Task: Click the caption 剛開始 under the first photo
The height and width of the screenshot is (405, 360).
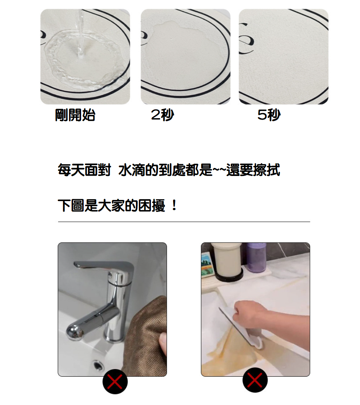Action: [75, 115]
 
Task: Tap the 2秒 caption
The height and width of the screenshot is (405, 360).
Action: [163, 115]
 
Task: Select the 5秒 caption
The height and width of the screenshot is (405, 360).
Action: [269, 115]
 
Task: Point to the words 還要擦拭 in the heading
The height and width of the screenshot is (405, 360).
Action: [253, 170]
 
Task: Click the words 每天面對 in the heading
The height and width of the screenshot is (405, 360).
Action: [84, 170]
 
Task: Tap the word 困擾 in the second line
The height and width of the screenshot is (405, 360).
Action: [152, 206]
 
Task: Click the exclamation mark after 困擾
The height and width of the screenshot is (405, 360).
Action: [175, 206]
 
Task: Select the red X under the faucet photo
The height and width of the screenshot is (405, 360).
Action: [115, 381]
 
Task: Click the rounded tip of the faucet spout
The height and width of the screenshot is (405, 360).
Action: [75, 332]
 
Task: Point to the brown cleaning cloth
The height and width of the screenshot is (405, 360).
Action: [149, 336]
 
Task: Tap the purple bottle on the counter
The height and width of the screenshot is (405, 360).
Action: [256, 258]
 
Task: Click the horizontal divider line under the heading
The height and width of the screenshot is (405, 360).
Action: [184, 222]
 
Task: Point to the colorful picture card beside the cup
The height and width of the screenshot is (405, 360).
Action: [207, 265]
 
